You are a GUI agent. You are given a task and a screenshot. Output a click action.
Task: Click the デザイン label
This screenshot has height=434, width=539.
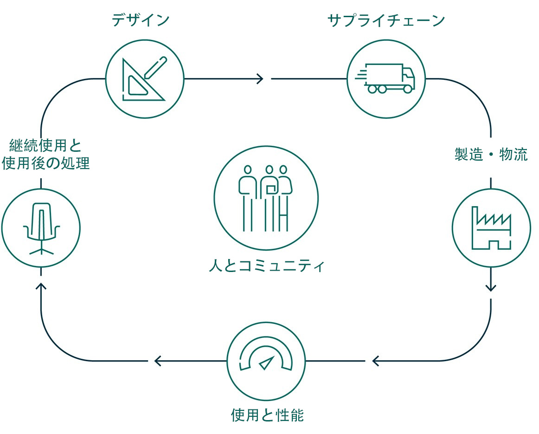tap(141, 20)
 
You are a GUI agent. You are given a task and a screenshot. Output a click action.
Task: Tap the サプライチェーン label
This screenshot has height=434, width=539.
tap(386, 20)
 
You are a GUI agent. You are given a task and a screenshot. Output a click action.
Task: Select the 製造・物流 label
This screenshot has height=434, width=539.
tap(491, 155)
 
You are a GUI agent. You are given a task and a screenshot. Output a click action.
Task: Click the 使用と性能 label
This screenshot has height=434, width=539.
tap(267, 415)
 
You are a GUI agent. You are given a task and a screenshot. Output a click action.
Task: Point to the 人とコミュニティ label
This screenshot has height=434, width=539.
tap(266, 267)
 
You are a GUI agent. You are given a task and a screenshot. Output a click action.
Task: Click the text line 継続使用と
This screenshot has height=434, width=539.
tap(45, 146)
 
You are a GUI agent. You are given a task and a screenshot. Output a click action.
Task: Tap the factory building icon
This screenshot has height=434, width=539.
tap(491, 228)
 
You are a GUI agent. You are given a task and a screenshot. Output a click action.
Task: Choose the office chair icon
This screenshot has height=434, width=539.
tap(41, 228)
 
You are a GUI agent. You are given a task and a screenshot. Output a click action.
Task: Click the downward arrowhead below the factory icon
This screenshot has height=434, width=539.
tap(491, 288)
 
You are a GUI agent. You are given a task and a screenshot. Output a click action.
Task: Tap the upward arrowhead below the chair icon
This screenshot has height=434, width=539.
tap(41, 287)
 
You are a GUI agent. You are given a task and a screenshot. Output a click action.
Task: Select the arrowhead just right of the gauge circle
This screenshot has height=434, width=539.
tap(376, 361)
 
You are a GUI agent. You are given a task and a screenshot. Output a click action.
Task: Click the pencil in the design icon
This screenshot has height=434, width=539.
tap(155, 67)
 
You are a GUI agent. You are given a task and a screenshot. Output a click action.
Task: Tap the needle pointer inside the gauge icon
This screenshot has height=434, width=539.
tap(266, 363)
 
